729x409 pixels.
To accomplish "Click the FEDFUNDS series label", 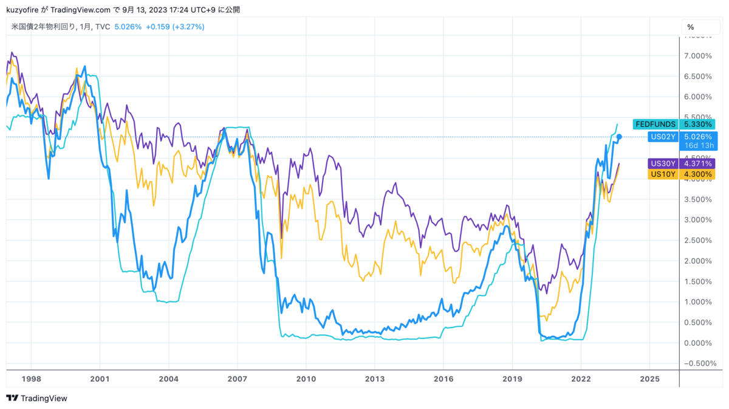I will (x=655, y=124).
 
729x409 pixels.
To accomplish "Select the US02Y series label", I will (x=662, y=137).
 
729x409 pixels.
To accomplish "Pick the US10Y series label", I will (x=664, y=174).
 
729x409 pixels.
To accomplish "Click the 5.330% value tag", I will (x=697, y=124).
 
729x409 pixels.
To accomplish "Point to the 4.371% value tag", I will (x=697, y=163).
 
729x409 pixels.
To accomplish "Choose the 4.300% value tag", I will (x=697, y=174).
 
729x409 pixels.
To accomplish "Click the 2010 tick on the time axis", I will (x=306, y=379).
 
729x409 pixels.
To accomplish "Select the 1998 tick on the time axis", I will (x=31, y=379).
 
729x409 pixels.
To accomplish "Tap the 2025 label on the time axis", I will (x=649, y=379).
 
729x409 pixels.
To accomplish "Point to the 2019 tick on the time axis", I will (x=512, y=379).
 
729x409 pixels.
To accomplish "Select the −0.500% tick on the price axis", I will (x=696, y=364).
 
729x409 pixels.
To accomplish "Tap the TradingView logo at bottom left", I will (x=37, y=398).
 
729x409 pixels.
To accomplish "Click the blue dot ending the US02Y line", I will (x=618, y=137).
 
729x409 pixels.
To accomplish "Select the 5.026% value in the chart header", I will (x=128, y=27).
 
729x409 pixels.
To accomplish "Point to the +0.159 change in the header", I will (x=157, y=27).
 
